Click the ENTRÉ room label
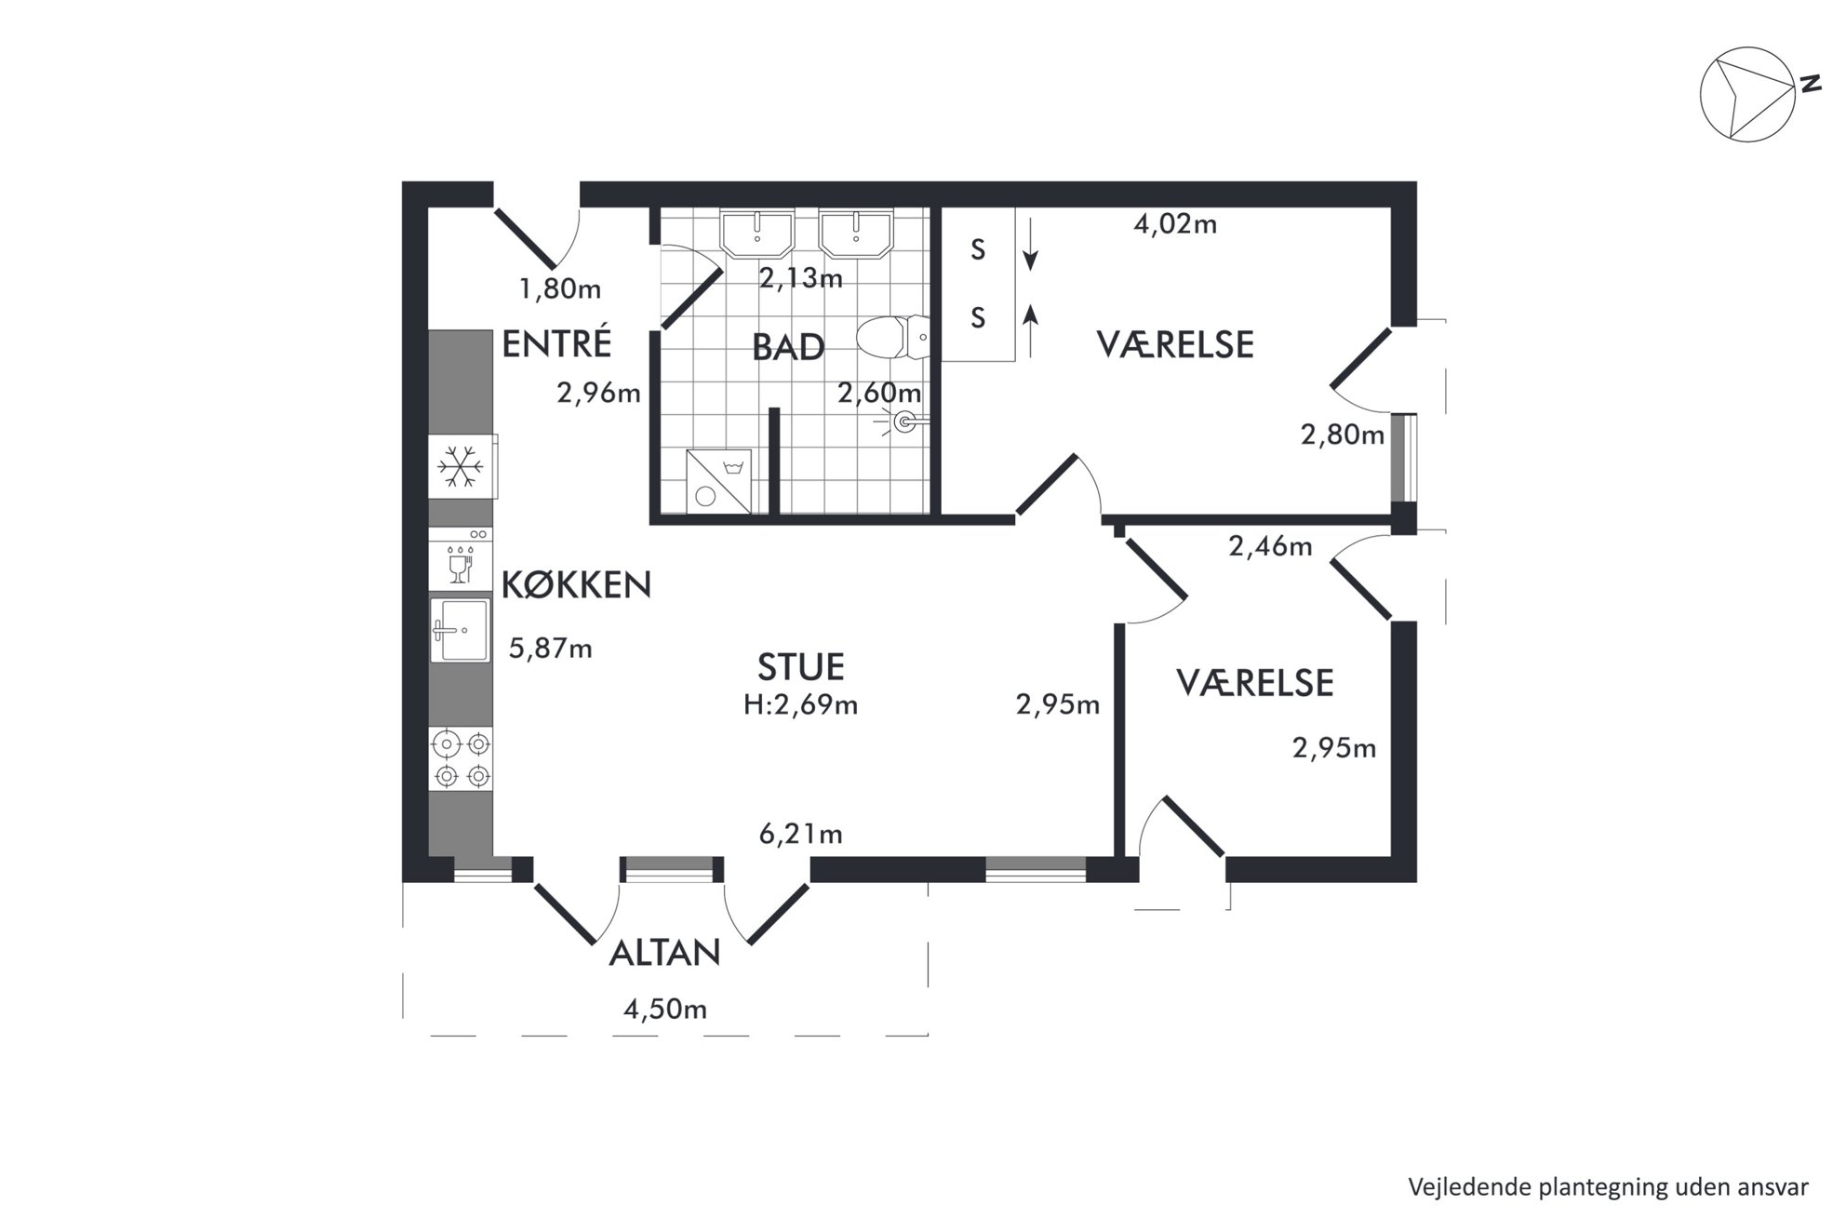click(556, 343)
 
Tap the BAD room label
click(788, 348)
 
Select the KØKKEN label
click(576, 584)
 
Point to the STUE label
click(801, 667)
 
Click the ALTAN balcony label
click(664, 953)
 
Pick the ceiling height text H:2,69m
click(800, 705)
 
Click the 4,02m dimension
click(1175, 224)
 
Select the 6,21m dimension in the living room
click(801, 834)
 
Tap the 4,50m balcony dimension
click(665, 1010)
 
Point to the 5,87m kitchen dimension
click(550, 648)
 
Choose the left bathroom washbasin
click(757, 233)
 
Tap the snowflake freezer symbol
click(460, 466)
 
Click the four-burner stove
click(461, 759)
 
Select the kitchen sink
click(460, 629)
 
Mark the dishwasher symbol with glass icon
click(461, 559)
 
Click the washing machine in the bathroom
click(718, 481)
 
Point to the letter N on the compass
click(1810, 84)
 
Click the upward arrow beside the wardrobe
click(1030, 330)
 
